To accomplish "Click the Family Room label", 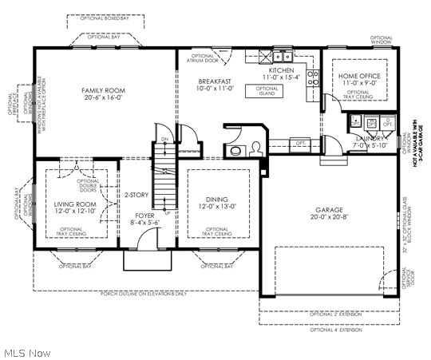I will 105,90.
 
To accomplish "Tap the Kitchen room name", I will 281,70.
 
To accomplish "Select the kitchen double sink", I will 281,57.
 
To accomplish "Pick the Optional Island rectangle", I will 267,90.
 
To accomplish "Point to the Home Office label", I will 359,75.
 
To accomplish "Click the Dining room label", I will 216,199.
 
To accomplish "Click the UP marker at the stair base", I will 167,213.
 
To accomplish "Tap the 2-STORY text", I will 136,195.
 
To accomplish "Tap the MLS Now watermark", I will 27,352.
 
